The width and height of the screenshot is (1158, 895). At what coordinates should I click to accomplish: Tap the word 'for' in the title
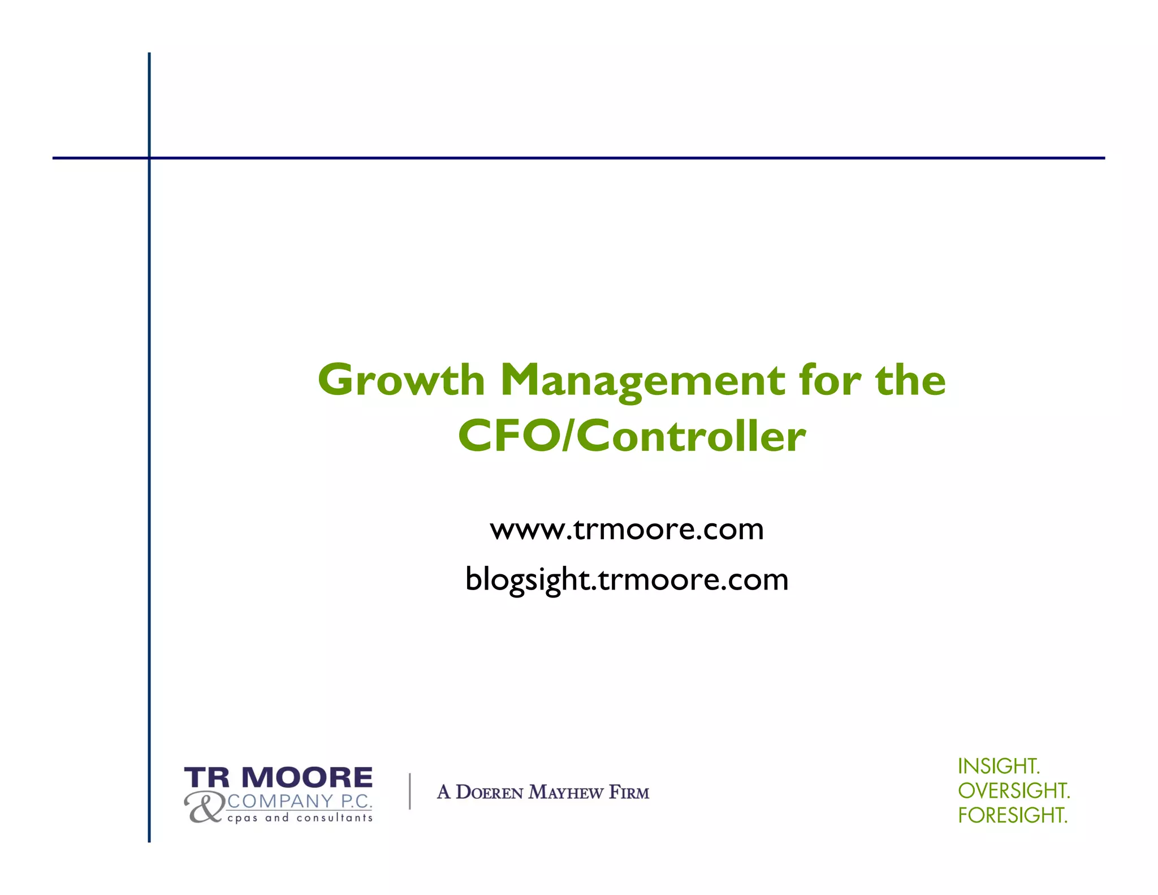[x=830, y=380]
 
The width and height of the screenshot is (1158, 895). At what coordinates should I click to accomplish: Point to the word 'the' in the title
[x=910, y=380]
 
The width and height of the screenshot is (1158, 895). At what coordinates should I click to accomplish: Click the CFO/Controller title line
[x=632, y=436]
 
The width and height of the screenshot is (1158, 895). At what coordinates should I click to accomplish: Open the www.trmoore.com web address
[x=626, y=530]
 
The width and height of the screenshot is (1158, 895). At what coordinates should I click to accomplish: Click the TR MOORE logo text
[x=278, y=778]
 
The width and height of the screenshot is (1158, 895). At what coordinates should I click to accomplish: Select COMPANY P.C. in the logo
[x=300, y=801]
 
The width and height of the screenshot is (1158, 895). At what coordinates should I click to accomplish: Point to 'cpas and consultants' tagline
[x=300, y=818]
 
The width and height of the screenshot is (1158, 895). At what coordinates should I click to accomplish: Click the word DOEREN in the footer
[x=490, y=793]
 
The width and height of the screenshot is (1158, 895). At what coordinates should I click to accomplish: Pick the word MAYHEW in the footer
[x=566, y=793]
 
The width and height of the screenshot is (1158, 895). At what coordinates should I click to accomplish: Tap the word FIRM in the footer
[x=629, y=793]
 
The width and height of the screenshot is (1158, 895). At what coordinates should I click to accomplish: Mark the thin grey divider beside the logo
[x=410, y=791]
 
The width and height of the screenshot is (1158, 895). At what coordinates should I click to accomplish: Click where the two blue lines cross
[x=149, y=158]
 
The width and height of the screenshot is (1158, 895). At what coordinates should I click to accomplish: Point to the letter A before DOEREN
[x=444, y=793]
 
